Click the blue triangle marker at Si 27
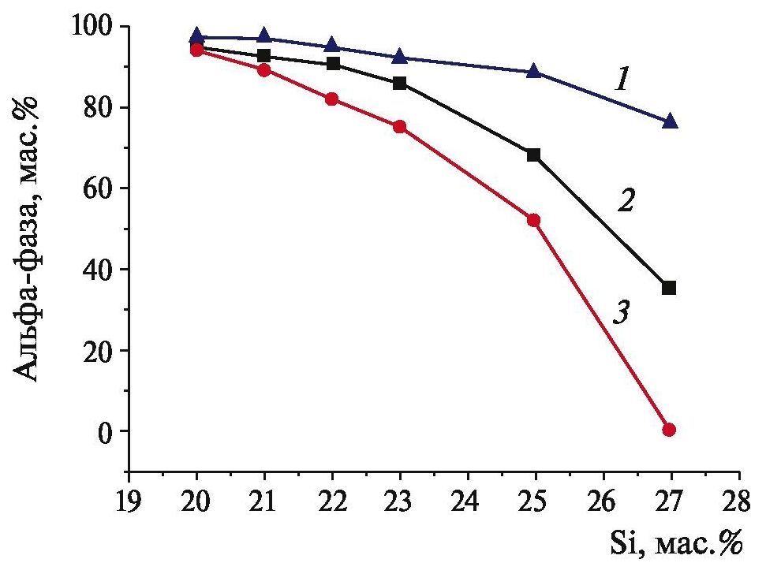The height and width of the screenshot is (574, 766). [671, 121]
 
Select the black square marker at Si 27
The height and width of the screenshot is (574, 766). [670, 288]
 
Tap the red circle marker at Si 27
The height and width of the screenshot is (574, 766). [670, 430]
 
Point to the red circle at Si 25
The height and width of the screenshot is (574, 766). [534, 220]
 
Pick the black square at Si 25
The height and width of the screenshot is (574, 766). [534, 155]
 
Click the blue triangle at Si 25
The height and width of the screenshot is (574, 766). [534, 72]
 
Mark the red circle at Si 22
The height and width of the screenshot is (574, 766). [332, 99]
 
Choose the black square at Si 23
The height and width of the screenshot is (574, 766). [400, 83]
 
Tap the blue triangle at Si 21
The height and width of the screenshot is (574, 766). [265, 37]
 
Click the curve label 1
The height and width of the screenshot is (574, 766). [622, 80]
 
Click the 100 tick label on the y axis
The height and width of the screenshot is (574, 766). [93, 27]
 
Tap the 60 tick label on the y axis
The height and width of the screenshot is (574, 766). [101, 188]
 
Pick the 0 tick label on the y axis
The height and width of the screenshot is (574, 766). [110, 431]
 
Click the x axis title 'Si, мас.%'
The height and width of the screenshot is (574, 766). [677, 543]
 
